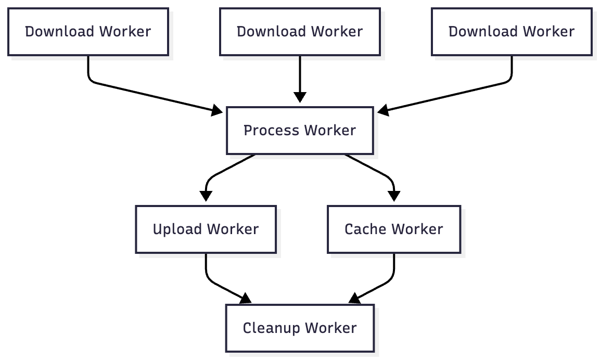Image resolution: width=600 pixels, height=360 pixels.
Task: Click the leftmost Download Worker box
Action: pos(88,32)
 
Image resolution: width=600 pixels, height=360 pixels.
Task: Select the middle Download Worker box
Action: pos(300,32)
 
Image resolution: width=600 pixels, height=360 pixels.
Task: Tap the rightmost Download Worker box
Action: pos(512,32)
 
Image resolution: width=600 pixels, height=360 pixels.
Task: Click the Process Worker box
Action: pos(300,130)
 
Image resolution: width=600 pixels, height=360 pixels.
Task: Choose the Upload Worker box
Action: pos(206,229)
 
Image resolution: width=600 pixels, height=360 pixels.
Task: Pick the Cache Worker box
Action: pos(393,229)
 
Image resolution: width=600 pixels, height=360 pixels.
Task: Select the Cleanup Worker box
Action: pos(300,328)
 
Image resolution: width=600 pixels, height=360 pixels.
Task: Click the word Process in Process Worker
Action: pos(271,130)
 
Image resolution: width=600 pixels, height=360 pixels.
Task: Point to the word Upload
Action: pos(178,229)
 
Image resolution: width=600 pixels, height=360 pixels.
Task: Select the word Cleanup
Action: pos(271,328)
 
